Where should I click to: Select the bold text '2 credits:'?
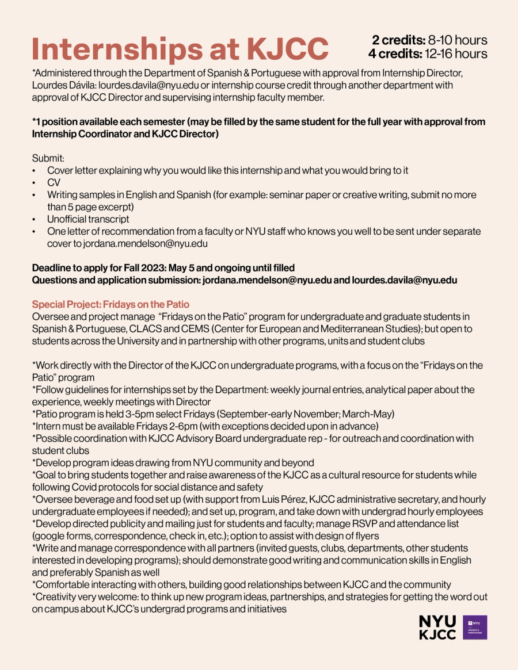(398, 40)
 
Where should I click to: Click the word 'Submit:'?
(48, 158)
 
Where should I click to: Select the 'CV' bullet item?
(54, 182)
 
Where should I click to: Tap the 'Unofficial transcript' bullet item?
(88, 219)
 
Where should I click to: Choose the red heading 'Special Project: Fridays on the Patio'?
(111, 304)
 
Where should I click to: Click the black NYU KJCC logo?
(437, 627)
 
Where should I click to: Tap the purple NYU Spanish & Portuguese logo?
(475, 627)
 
